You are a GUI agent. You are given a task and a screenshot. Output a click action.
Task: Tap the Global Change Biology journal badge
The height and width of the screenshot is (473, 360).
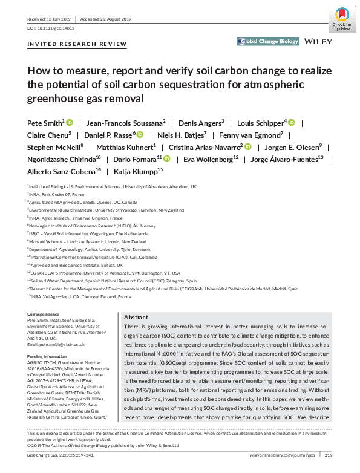point(268,41)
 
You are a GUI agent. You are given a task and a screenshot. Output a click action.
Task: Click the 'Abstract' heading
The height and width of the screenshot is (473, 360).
point(136,318)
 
